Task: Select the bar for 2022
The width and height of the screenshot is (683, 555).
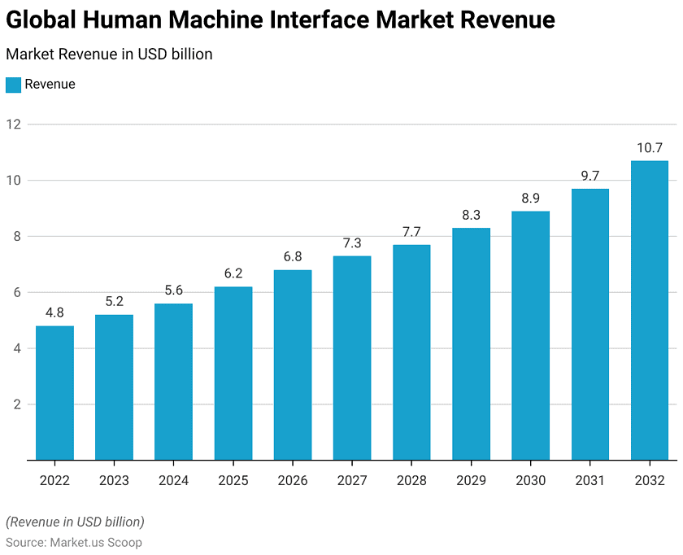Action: (x=54, y=393)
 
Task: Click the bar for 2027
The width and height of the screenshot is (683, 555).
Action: (x=352, y=358)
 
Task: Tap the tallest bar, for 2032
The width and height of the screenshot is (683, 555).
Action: (x=650, y=310)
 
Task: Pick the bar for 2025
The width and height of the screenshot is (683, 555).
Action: (x=233, y=374)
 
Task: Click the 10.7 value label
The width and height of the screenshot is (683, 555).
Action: (x=650, y=148)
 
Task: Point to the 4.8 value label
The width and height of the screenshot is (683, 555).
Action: (x=54, y=313)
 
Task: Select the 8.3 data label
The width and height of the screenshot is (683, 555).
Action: (x=471, y=216)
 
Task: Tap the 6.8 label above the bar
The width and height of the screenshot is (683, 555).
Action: (x=293, y=257)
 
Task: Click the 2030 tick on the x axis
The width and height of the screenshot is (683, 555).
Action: (x=530, y=481)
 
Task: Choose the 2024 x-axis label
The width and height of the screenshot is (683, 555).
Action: (x=173, y=481)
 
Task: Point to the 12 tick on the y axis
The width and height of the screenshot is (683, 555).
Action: (x=13, y=125)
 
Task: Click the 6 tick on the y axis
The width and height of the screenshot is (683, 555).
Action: (x=13, y=293)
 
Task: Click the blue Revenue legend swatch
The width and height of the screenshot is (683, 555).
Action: (x=13, y=85)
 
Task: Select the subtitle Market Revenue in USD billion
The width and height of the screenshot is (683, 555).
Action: (x=109, y=55)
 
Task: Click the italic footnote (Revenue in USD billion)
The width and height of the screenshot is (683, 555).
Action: (x=75, y=522)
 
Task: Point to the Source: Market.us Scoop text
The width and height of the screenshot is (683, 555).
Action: (x=74, y=542)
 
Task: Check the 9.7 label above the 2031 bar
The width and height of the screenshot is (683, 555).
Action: (x=589, y=177)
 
